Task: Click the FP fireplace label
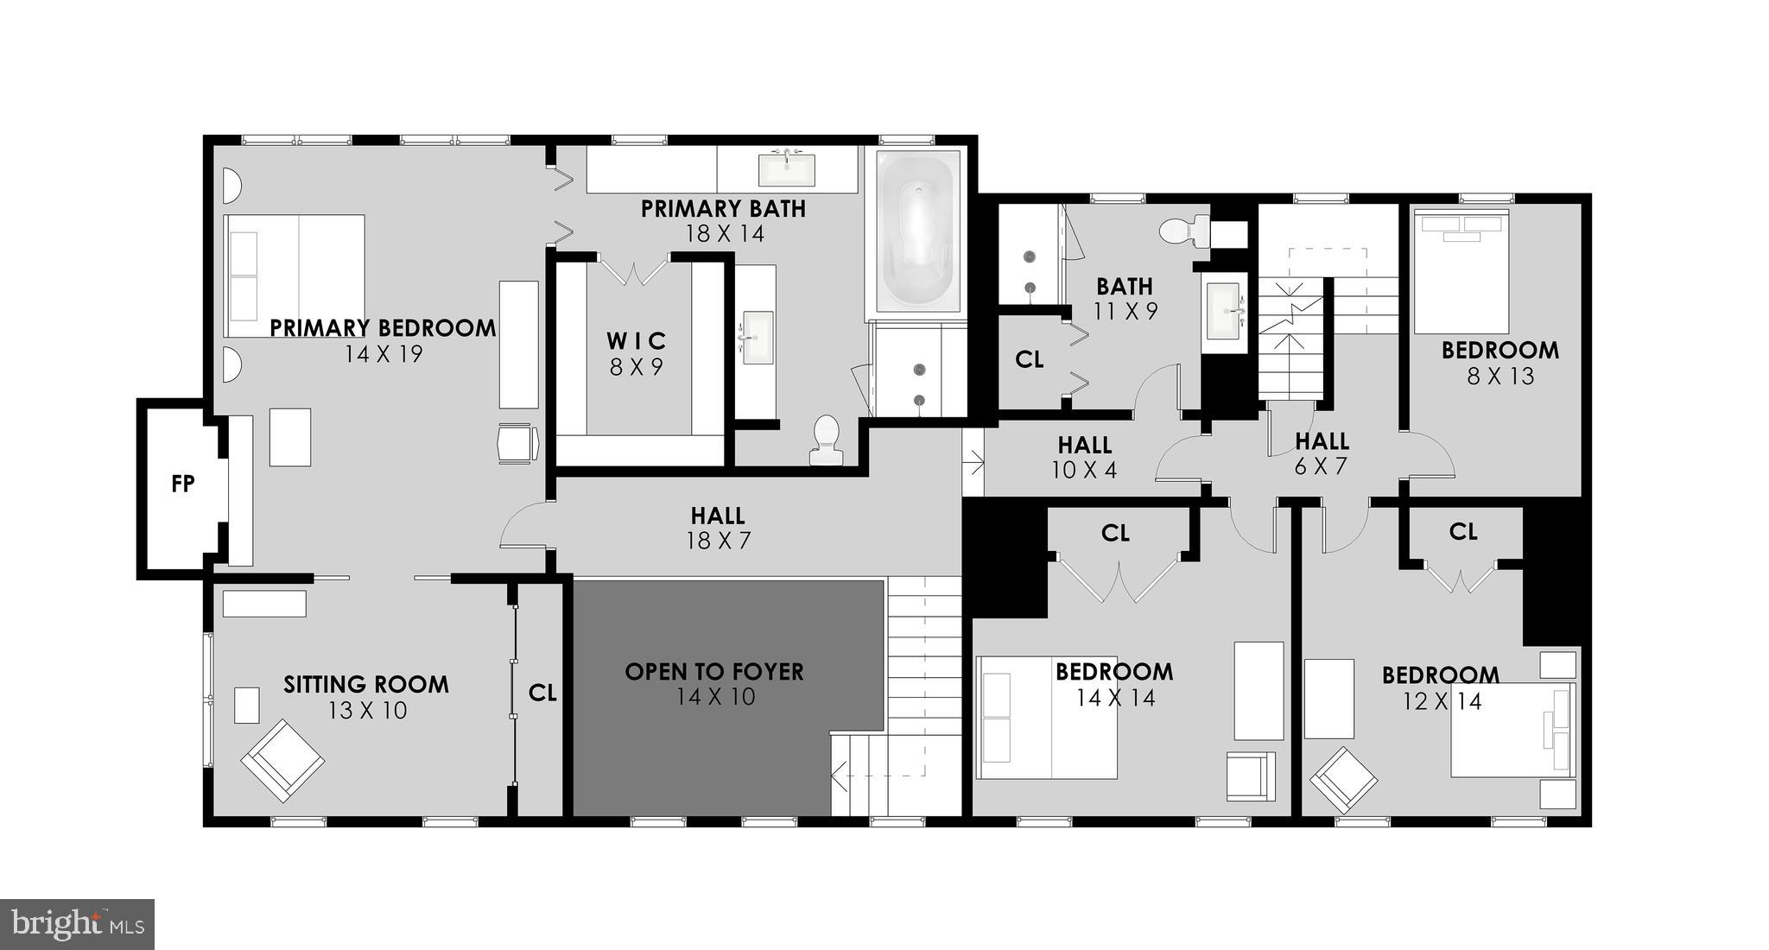183,484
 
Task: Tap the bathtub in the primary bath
917,231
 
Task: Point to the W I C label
636,341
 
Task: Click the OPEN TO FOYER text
713,672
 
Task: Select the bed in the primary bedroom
294,275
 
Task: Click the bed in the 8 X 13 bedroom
1461,271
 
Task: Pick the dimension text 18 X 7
719,541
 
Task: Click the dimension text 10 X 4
1084,471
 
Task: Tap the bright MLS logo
77,924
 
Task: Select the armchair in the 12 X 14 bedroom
1344,780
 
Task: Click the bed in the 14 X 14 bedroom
1047,717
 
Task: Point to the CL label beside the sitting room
542,693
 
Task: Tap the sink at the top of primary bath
786,169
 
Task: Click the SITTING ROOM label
366,685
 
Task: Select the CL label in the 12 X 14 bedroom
1463,532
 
